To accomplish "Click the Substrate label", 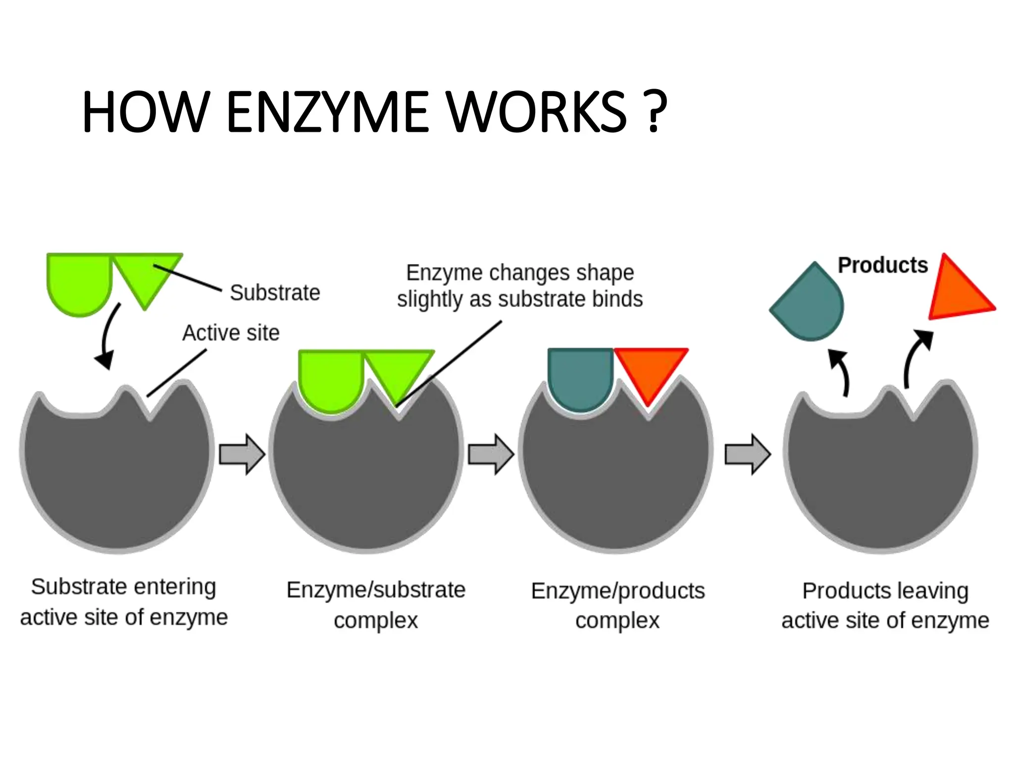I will pyautogui.click(x=275, y=292).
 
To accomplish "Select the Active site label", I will pyautogui.click(x=231, y=332).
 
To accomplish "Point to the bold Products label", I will pyautogui.click(x=883, y=265).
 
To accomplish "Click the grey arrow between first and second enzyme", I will pyautogui.click(x=242, y=454).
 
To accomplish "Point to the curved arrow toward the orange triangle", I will pyautogui.click(x=916, y=357).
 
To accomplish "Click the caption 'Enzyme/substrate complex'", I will pyautogui.click(x=376, y=605).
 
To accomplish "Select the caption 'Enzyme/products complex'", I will pyautogui.click(x=618, y=605).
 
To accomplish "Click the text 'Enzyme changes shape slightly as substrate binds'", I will pyautogui.click(x=520, y=286).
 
